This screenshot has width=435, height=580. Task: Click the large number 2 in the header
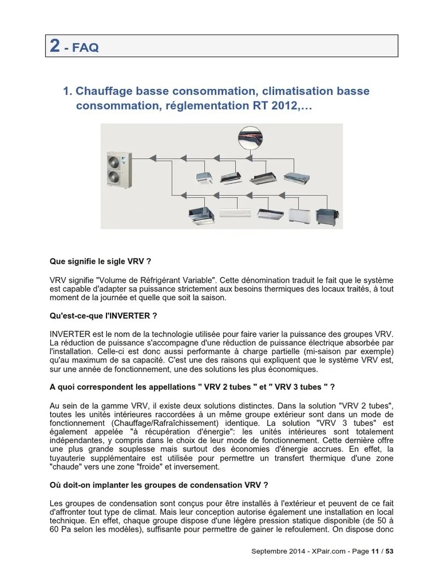tap(55, 46)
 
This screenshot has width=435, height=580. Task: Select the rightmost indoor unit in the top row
tap(297, 176)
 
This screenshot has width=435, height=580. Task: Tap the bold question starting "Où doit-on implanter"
tap(159, 485)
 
